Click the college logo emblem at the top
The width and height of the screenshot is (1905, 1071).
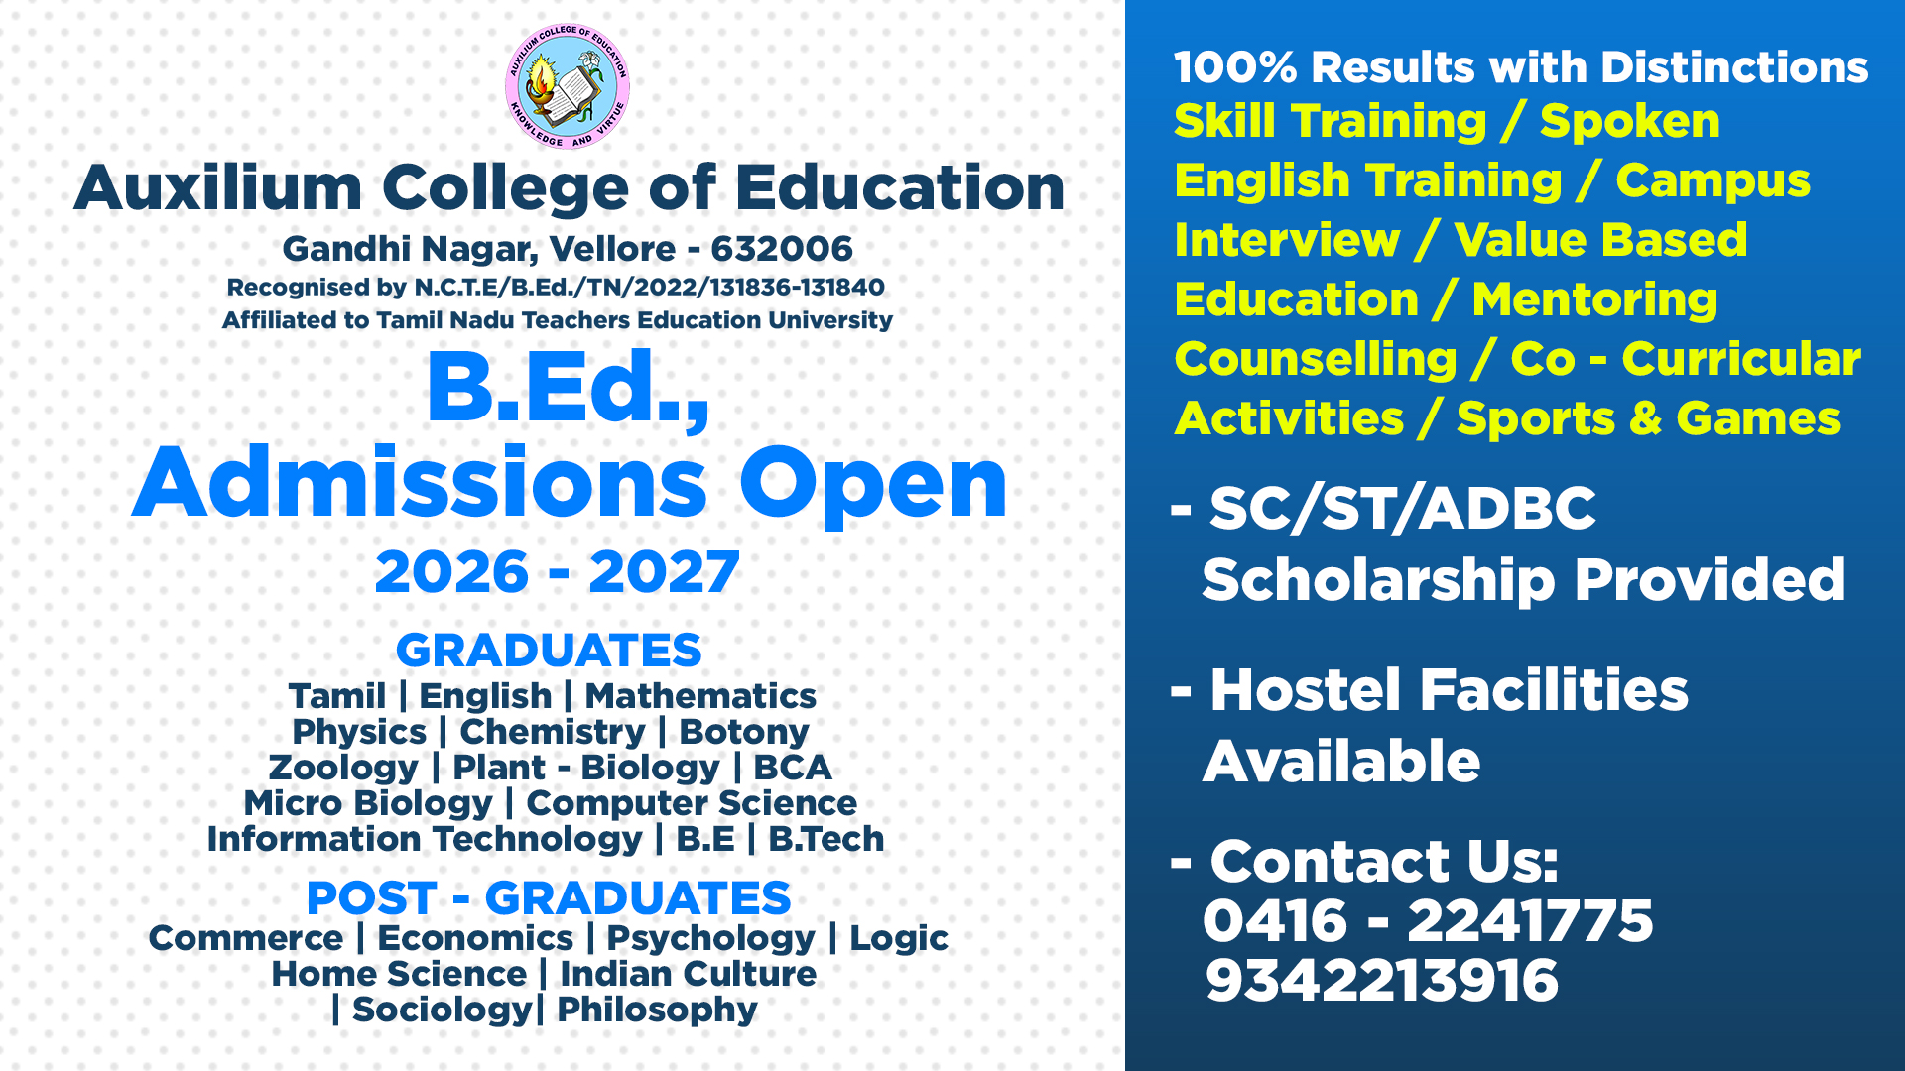pyautogui.click(x=568, y=87)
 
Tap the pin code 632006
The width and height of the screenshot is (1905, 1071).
pyautogui.click(x=782, y=249)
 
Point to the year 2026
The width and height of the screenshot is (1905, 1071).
pyautogui.click(x=452, y=572)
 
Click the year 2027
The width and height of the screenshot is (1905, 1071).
pyautogui.click(x=664, y=572)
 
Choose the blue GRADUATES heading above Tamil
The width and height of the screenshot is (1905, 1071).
pyautogui.click(x=549, y=651)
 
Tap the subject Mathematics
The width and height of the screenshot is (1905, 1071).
pyautogui.click(x=700, y=696)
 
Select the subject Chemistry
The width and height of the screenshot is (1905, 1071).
pyautogui.click(x=553, y=732)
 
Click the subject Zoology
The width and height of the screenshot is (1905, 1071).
pyautogui.click(x=343, y=769)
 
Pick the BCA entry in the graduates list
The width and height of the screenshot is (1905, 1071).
pyautogui.click(x=793, y=768)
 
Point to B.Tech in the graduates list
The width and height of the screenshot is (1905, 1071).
pyautogui.click(x=826, y=839)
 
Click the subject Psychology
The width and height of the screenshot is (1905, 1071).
pyautogui.click(x=711, y=939)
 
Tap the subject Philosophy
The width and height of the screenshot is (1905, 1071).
pyautogui.click(x=657, y=1011)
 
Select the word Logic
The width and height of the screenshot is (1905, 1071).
pyautogui.click(x=899, y=939)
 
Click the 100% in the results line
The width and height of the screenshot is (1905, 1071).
pyautogui.click(x=1235, y=67)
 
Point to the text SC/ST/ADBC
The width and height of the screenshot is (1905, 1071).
pyautogui.click(x=1403, y=509)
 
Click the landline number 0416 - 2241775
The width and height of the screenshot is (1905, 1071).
pyautogui.click(x=1429, y=921)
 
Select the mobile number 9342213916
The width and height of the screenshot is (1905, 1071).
pyautogui.click(x=1382, y=981)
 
